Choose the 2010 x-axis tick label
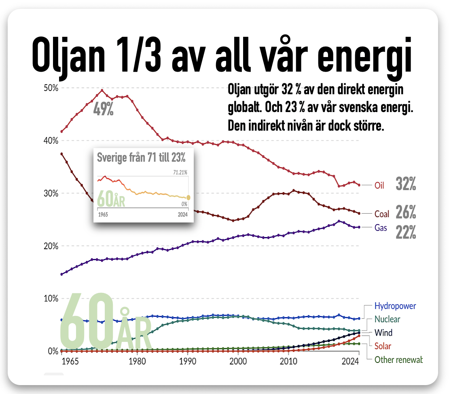point(288,361)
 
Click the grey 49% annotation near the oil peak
point(104,109)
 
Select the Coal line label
point(382,214)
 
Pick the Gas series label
point(381,228)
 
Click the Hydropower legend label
point(395,306)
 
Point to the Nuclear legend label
point(387,319)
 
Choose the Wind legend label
point(383,333)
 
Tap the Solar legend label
point(383,346)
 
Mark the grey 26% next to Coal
point(406,212)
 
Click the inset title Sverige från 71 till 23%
point(141,157)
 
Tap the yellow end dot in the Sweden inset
point(188,197)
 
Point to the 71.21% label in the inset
point(180,172)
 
